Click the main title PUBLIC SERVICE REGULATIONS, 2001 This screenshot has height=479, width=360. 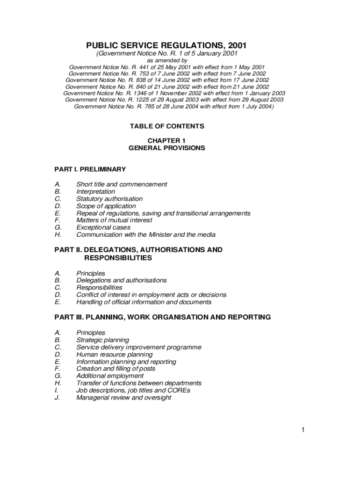point(166,45)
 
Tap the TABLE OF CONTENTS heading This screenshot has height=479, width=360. point(167,126)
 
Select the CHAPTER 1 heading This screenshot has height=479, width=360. point(167,141)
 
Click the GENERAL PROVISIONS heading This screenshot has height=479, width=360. point(167,148)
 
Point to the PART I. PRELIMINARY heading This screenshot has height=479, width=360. point(90,169)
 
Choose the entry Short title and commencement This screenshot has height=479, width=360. point(122,184)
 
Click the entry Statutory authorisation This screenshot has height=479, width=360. point(109,199)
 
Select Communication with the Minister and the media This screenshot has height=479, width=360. point(146,235)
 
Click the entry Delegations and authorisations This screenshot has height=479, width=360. point(122,280)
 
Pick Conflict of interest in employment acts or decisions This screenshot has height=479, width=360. point(151,295)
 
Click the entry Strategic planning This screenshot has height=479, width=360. point(103,340)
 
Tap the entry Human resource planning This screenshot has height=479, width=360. point(114,355)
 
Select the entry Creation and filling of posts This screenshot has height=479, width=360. point(115,369)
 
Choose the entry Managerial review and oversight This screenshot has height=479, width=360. point(124,398)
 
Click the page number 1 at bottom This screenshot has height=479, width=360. point(303,430)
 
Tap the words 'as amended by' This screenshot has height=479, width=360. point(167,61)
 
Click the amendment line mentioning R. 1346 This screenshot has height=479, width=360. point(174,93)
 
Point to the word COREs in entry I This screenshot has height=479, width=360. point(180,390)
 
